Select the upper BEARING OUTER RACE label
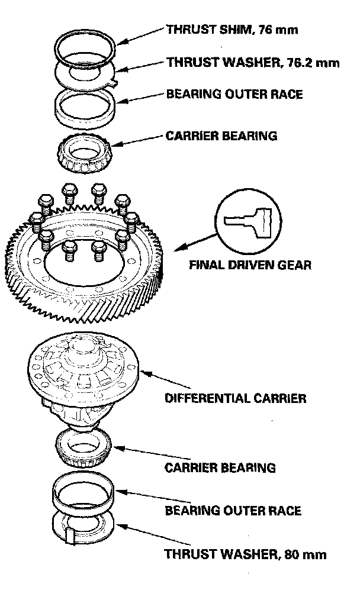(x=234, y=94)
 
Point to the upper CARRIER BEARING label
(x=221, y=136)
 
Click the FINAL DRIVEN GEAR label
(x=249, y=264)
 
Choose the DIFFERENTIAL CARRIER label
(x=235, y=398)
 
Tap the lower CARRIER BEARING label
(x=220, y=467)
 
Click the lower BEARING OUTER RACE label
(x=233, y=510)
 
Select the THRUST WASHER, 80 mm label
(x=245, y=554)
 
